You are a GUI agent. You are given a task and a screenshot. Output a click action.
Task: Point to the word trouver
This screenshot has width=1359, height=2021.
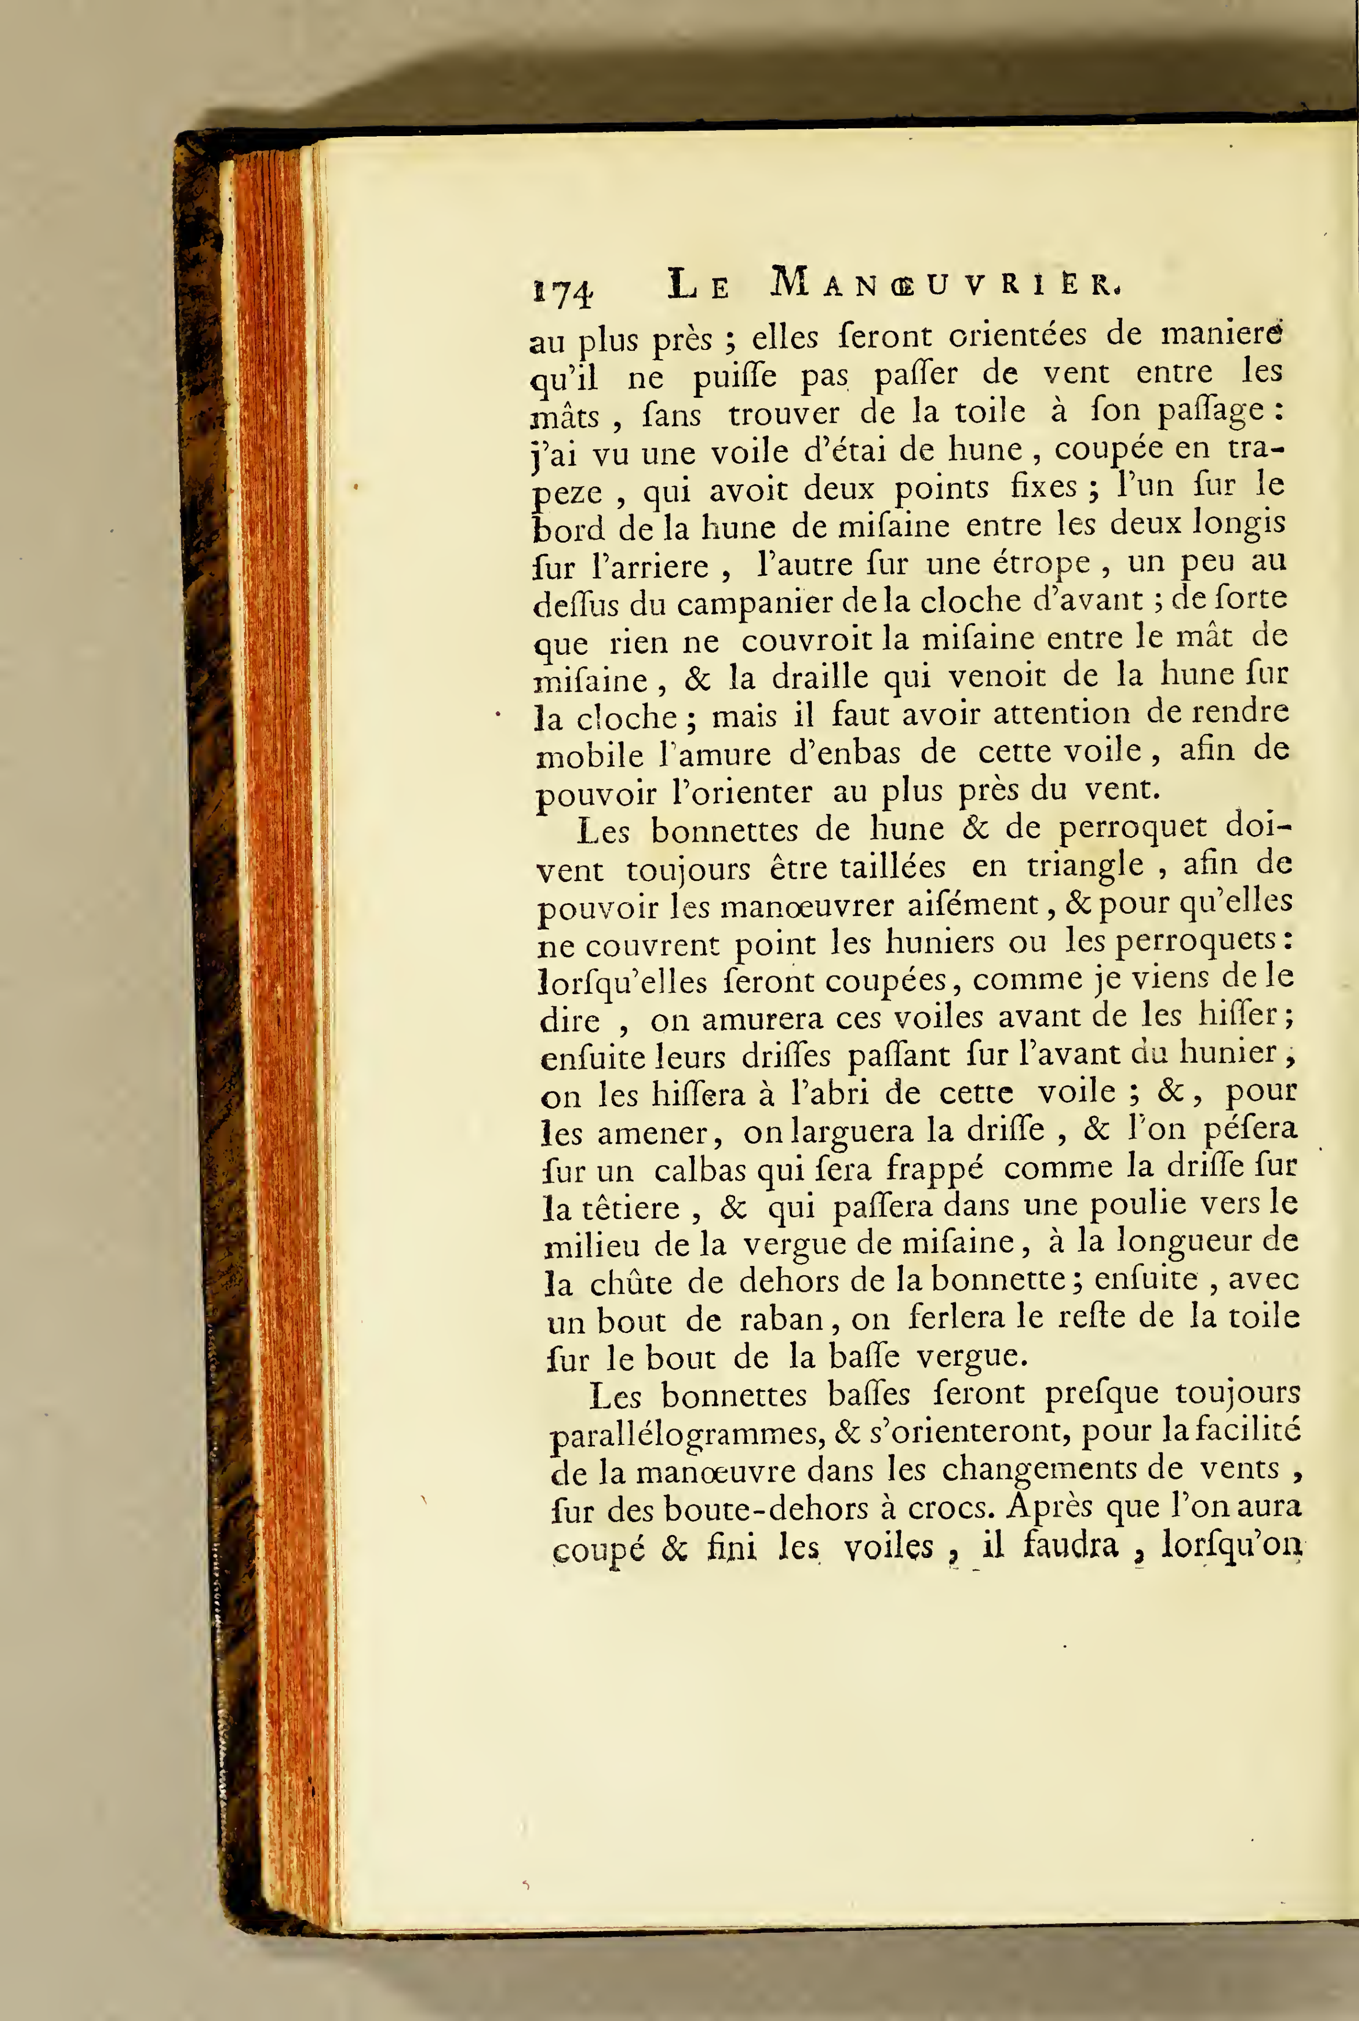(784, 414)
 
